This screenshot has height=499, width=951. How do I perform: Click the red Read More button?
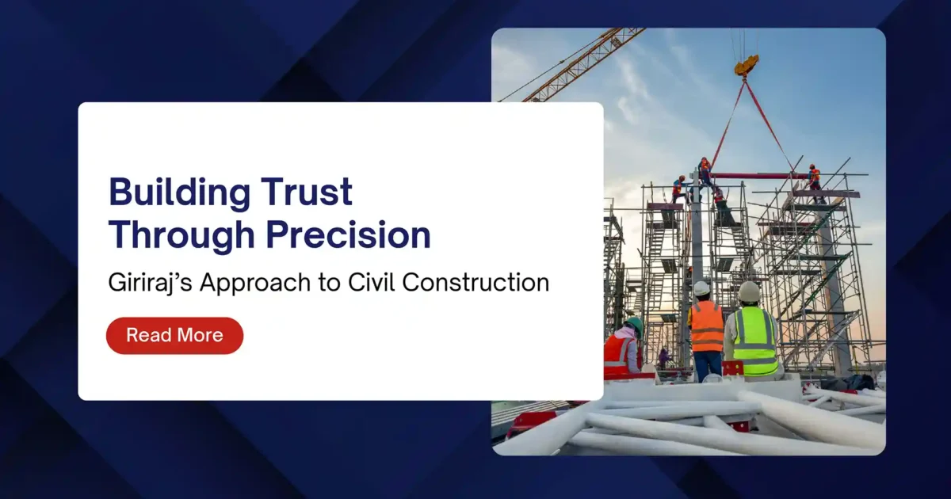click(x=174, y=335)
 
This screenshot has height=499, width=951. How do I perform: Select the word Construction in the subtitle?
click(x=476, y=283)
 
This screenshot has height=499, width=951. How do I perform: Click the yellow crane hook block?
click(x=746, y=65)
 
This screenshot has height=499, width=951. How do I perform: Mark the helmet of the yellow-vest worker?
click(x=749, y=292)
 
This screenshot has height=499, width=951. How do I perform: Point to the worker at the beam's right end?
click(x=813, y=177)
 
